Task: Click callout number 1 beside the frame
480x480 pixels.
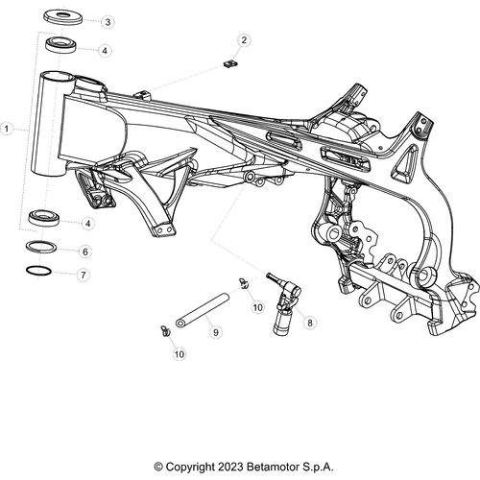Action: tap(9, 127)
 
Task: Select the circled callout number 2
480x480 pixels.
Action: tap(244, 40)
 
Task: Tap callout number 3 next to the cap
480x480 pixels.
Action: tap(107, 21)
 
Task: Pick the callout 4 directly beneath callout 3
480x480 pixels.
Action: tap(105, 50)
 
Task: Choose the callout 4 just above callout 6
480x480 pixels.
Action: tap(87, 223)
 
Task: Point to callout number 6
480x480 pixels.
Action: tap(84, 252)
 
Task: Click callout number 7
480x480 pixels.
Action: tap(84, 275)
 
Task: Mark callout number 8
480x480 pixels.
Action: tap(310, 324)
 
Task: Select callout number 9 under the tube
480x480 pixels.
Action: tap(216, 331)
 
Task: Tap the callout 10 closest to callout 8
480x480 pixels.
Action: tap(257, 306)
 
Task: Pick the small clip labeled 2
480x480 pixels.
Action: tap(228, 64)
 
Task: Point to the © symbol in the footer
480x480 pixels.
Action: tap(158, 468)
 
